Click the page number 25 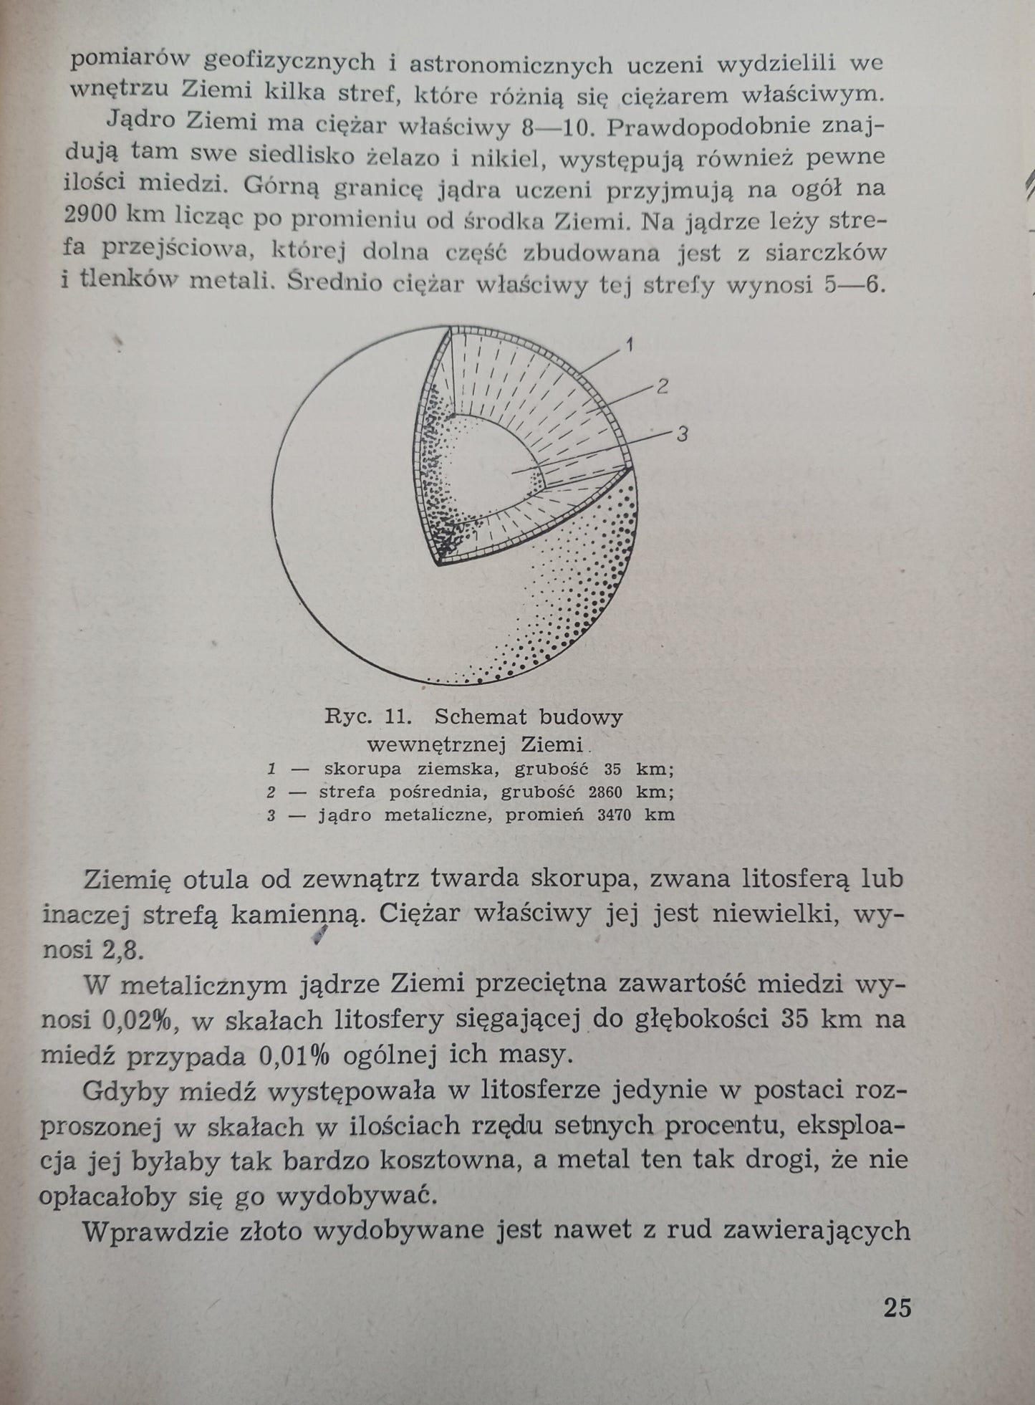[x=897, y=1308]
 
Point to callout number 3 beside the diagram [x=681, y=433]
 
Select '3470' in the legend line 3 [x=607, y=815]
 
